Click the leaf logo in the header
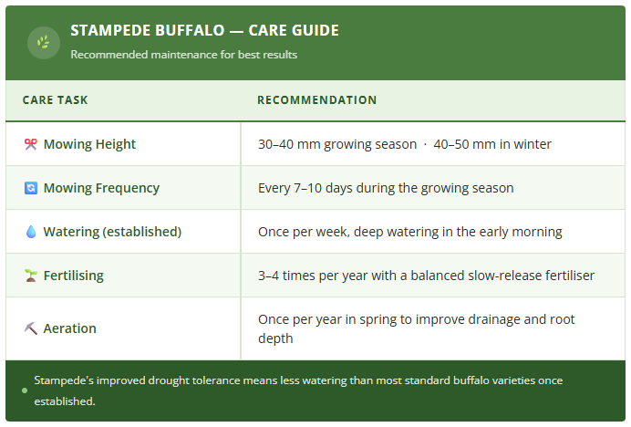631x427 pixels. tap(43, 42)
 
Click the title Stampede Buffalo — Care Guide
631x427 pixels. tap(204, 31)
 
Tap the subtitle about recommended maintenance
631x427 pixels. tap(183, 54)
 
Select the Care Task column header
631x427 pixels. tap(55, 100)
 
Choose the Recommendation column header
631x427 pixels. tap(316, 100)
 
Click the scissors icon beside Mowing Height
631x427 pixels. tap(30, 144)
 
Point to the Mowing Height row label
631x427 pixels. tap(89, 144)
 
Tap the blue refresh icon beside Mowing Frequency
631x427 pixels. tap(30, 188)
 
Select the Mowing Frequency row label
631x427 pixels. tap(101, 188)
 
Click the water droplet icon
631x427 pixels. tap(30, 232)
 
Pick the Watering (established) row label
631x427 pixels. tap(112, 232)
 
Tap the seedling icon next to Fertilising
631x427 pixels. tap(30, 276)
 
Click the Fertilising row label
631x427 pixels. tap(74, 276)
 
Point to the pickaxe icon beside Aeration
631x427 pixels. tap(30, 328)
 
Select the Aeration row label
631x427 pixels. tap(69, 328)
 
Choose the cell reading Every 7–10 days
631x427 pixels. tap(386, 188)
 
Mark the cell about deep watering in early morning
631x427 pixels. tap(409, 232)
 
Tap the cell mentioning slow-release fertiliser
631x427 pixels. tap(426, 276)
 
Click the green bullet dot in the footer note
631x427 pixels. tap(25, 391)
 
